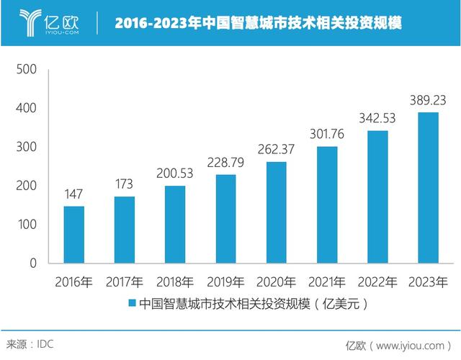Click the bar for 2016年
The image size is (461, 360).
[x=73, y=235]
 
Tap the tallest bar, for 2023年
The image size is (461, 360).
[x=428, y=188]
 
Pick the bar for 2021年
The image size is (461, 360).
[x=327, y=205]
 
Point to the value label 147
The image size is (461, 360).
[x=73, y=195]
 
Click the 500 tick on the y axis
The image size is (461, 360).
[x=26, y=70]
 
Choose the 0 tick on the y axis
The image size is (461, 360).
[x=32, y=264]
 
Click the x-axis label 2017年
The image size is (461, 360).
[x=124, y=280]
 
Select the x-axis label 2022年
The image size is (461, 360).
[x=377, y=280]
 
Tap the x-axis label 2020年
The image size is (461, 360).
[x=276, y=280]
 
